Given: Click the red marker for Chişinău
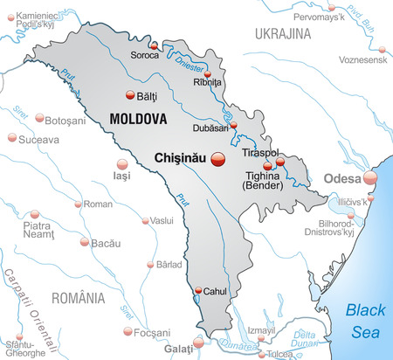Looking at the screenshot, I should [x=218, y=158].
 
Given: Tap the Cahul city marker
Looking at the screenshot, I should [x=198, y=291].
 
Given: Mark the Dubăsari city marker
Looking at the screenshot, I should [x=233, y=126].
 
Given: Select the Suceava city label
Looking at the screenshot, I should [x=39, y=139].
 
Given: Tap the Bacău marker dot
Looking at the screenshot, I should [x=84, y=242].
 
